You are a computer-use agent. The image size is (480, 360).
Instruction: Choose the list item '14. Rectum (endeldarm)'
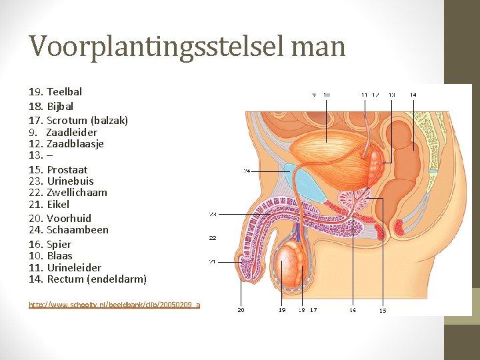coord(87,279)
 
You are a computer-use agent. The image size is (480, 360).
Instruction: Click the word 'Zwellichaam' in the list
coord(77,192)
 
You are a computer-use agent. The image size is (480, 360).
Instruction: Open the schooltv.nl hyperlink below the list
coord(114,304)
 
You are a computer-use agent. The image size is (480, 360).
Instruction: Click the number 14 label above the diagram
coord(413,95)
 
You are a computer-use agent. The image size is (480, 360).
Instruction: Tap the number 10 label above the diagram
coord(327,95)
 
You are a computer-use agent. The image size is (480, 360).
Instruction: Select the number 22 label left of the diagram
coord(213,237)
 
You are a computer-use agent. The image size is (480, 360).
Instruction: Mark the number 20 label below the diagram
coord(241,309)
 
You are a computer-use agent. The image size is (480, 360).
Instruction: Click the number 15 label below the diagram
coord(383,310)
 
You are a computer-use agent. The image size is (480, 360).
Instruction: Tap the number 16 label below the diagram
coord(353,309)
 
